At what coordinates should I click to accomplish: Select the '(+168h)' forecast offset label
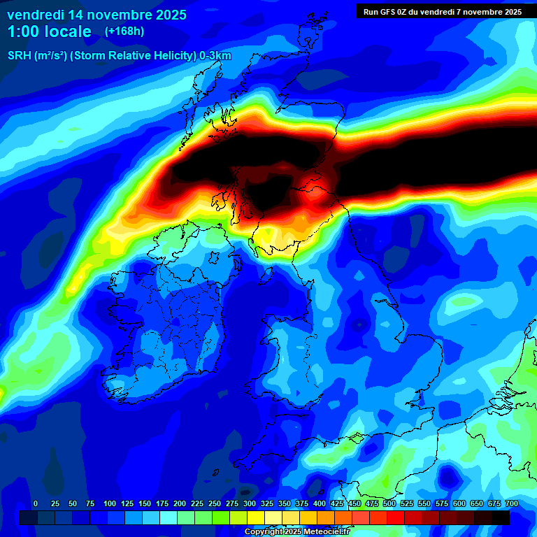pyautogui.click(x=124, y=31)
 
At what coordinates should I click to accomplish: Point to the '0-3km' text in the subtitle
pyautogui.click(x=215, y=56)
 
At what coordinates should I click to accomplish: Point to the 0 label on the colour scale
pyautogui.click(x=36, y=504)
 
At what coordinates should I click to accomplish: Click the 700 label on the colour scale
pyautogui.click(x=511, y=504)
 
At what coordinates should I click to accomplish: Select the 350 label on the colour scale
pyautogui.click(x=285, y=504)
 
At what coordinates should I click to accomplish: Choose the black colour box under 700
pyautogui.click(x=501, y=518)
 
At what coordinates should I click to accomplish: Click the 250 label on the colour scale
pyautogui.click(x=215, y=504)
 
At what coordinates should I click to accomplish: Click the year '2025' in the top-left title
pyautogui.click(x=167, y=15)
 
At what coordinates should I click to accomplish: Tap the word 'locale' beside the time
pyautogui.click(x=69, y=31)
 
